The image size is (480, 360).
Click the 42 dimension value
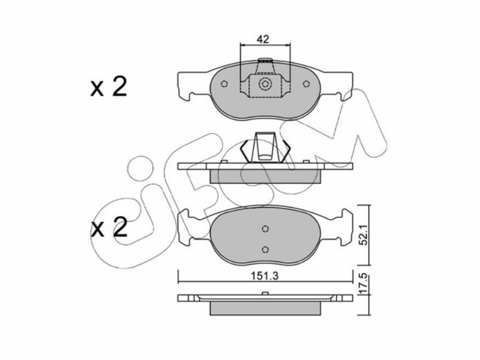coord(263,40)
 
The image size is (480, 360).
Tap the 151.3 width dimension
coord(265,276)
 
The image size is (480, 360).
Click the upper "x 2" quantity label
coord(109,87)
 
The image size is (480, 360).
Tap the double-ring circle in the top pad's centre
coord(265,83)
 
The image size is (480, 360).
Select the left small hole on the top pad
coord(224,84)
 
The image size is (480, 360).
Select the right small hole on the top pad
coord(306,84)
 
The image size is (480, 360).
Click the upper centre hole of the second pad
coord(265,229)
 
